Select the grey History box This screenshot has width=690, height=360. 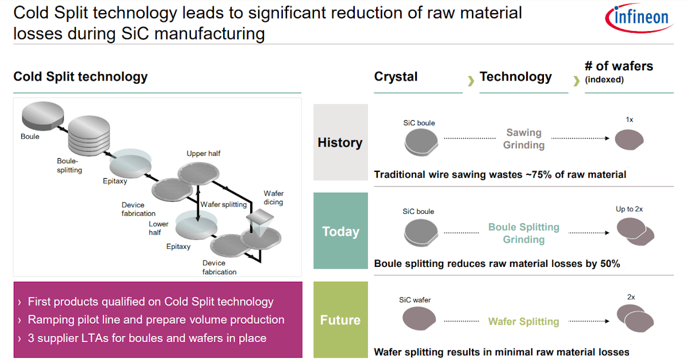(340, 143)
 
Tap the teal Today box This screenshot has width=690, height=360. (340, 231)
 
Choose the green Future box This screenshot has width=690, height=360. (340, 320)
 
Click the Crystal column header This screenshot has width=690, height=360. (396, 77)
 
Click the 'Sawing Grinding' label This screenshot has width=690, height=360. (524, 139)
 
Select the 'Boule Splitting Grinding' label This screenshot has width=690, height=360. (524, 233)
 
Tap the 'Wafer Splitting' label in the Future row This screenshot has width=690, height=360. (524, 321)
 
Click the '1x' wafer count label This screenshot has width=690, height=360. (630, 120)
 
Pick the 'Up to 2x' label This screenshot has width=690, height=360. (630, 209)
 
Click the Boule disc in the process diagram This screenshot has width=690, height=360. (42, 116)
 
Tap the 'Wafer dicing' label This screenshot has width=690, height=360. (273, 198)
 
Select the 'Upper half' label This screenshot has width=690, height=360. (204, 154)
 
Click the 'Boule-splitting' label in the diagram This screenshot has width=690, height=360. (69, 166)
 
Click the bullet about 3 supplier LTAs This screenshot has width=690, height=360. (147, 338)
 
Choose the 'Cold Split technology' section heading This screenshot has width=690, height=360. (80, 76)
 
